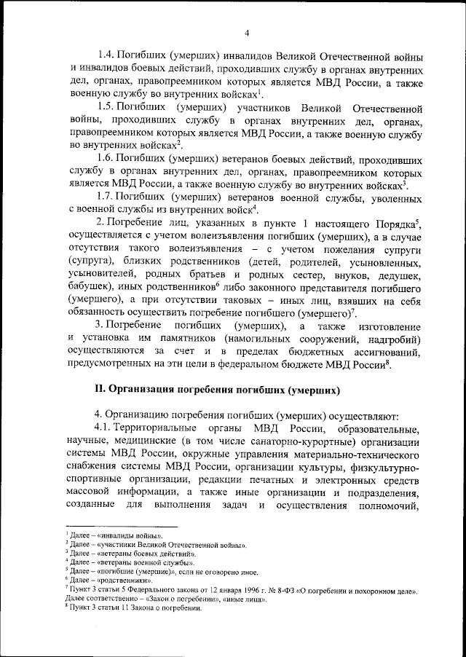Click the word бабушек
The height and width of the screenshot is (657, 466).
tap(90, 288)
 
